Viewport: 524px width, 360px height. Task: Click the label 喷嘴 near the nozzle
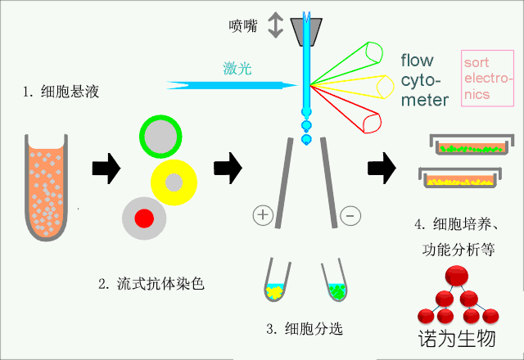tap(243, 25)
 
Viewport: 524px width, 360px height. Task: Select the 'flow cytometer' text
tap(425, 80)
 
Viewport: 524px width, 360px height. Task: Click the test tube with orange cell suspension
tap(47, 189)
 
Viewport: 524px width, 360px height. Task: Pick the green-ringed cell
tap(161, 136)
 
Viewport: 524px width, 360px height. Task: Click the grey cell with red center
tap(144, 218)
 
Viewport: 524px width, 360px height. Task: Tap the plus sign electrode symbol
tap(262, 215)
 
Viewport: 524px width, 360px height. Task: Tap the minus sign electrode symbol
tap(349, 215)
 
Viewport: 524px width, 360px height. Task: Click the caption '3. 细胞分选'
tap(304, 330)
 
